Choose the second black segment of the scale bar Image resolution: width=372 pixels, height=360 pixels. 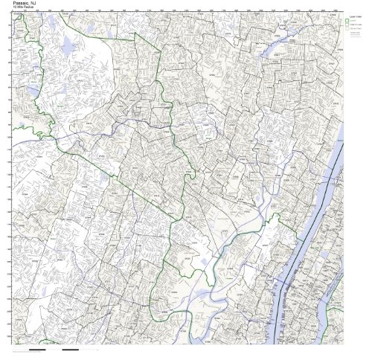(x=71, y=350)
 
